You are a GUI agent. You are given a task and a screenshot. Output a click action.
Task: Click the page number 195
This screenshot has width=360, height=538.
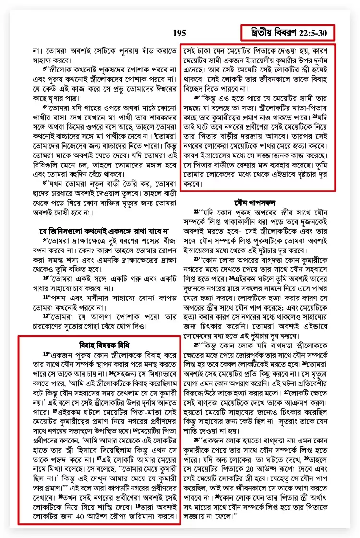click(x=180, y=33)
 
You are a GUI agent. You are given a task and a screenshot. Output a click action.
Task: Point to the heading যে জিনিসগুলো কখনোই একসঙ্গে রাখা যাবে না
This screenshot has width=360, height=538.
click(x=99, y=231)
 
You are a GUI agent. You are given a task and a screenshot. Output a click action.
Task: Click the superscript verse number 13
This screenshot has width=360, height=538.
click(x=46, y=354)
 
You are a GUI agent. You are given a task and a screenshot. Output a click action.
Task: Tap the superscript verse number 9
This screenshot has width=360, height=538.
click(x=45, y=239)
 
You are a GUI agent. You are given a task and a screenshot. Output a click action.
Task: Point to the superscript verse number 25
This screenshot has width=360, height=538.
click(x=196, y=344)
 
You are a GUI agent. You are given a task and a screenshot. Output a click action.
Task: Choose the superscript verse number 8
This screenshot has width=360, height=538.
click(x=44, y=182)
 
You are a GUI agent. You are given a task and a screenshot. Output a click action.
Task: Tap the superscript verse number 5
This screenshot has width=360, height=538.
click(x=44, y=68)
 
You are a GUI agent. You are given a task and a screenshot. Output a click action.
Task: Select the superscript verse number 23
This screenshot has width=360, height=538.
click(x=196, y=259)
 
